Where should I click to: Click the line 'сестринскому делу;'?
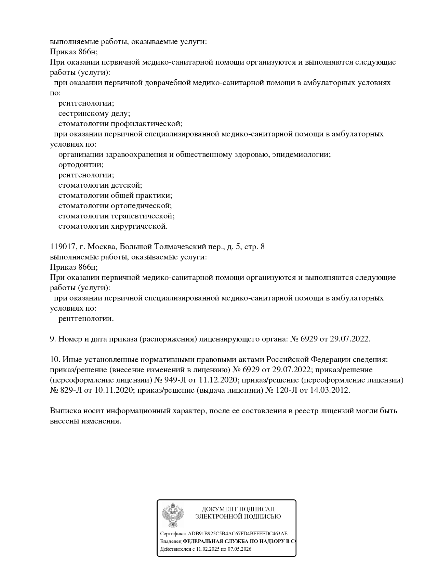coord(94,113)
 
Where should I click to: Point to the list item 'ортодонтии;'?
coord(81,165)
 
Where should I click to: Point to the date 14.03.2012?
coord(330,390)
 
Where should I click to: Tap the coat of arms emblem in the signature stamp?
coord(173,515)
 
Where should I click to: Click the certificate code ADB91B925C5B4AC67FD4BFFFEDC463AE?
coord(238,534)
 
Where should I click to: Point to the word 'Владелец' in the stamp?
coord(171,541)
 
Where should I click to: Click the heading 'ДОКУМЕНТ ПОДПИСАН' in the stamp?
coord(238,509)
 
